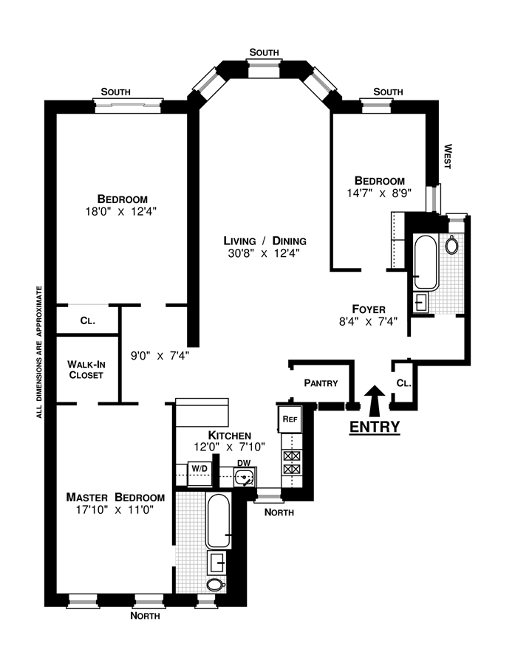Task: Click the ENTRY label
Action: coord(375,426)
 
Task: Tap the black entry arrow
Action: coord(375,401)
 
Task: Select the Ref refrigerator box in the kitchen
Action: coord(290,419)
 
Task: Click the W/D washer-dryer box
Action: coord(199,473)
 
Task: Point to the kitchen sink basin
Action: coord(245,478)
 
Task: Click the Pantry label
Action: coord(321,382)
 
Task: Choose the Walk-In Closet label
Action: coord(86,369)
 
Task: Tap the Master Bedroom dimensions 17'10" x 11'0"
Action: coord(115,509)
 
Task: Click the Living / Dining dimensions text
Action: coord(264,253)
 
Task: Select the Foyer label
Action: coord(369,309)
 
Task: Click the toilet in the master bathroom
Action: coord(216,585)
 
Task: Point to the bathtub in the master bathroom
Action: coord(219,521)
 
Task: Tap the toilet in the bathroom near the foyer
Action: coord(451,244)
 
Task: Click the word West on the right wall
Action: coord(448,157)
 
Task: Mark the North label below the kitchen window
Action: coord(279,512)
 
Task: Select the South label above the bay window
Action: coord(264,52)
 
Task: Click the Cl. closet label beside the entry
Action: coord(403,382)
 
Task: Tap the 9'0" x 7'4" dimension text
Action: coord(160,355)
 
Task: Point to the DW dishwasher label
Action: coord(244,463)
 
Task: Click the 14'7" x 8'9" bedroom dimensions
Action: coord(380,193)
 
